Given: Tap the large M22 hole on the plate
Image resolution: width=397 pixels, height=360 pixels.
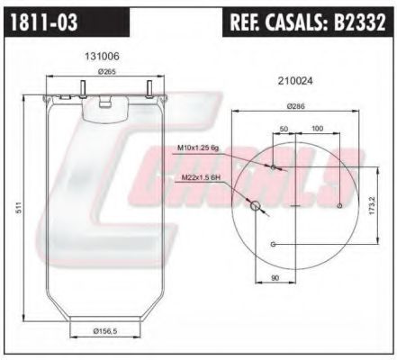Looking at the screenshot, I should click(x=257, y=206).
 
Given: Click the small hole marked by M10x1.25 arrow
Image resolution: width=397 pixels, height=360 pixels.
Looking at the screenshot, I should click(x=274, y=167).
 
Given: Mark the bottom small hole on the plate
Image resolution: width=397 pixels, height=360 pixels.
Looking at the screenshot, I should click(x=274, y=244).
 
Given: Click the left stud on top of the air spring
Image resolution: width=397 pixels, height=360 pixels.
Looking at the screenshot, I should click(x=82, y=86).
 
